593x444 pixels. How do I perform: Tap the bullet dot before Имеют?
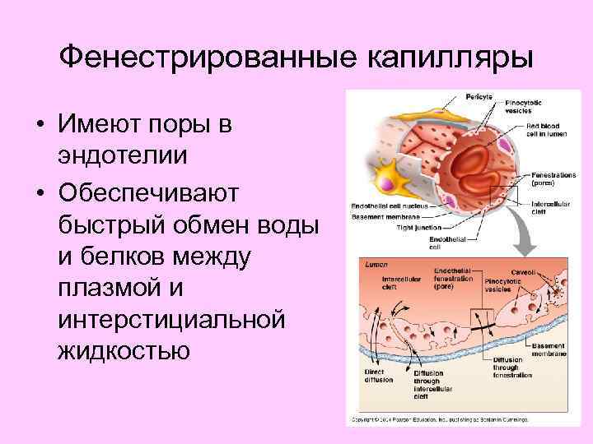coord(39,127)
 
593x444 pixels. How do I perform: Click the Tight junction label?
coord(421,227)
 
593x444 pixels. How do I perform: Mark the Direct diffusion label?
coord(376,375)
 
